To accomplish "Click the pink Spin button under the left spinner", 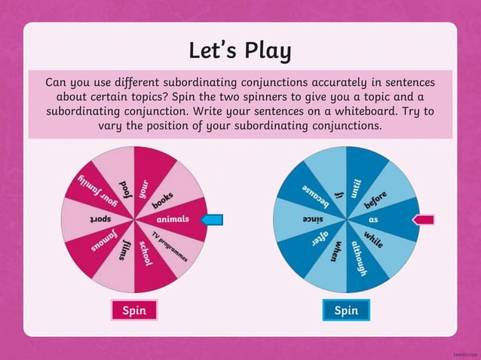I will (134, 310).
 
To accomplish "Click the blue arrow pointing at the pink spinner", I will (210, 219).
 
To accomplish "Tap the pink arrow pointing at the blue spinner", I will (424, 219).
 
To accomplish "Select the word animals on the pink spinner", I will (172, 219).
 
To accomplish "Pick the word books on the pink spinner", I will (163, 200).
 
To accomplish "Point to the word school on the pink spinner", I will (146, 253).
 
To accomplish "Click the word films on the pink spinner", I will (123, 249).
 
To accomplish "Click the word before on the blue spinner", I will (376, 200).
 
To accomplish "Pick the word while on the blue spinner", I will (373, 239).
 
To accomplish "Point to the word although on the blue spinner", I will (358, 256).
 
